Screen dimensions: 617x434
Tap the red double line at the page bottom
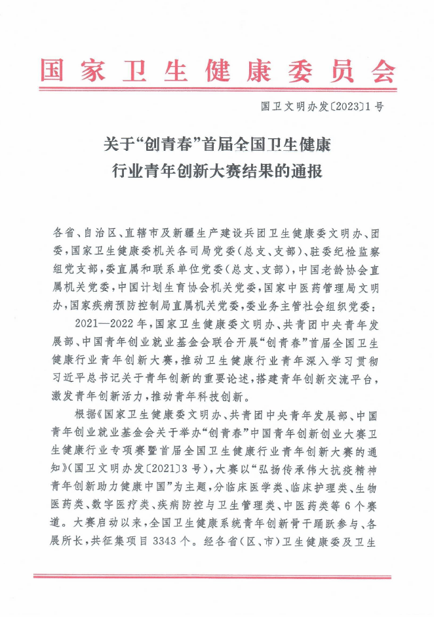tap(217, 577)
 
